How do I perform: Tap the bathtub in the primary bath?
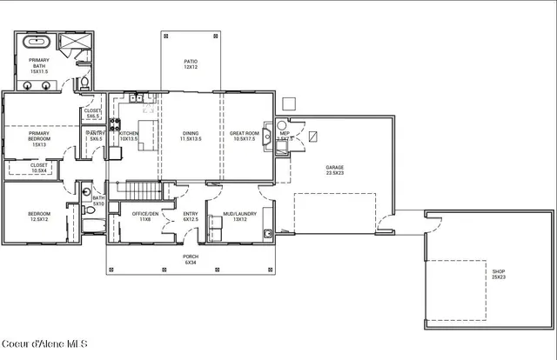(37, 42)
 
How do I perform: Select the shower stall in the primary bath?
(70, 43)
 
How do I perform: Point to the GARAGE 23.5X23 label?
(335, 170)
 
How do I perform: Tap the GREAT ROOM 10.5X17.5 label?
(245, 136)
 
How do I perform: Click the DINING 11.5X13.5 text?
(191, 136)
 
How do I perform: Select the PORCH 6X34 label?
(190, 259)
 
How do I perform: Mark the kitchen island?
(147, 135)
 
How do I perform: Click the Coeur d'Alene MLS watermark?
(44, 343)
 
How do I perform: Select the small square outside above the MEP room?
(290, 103)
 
